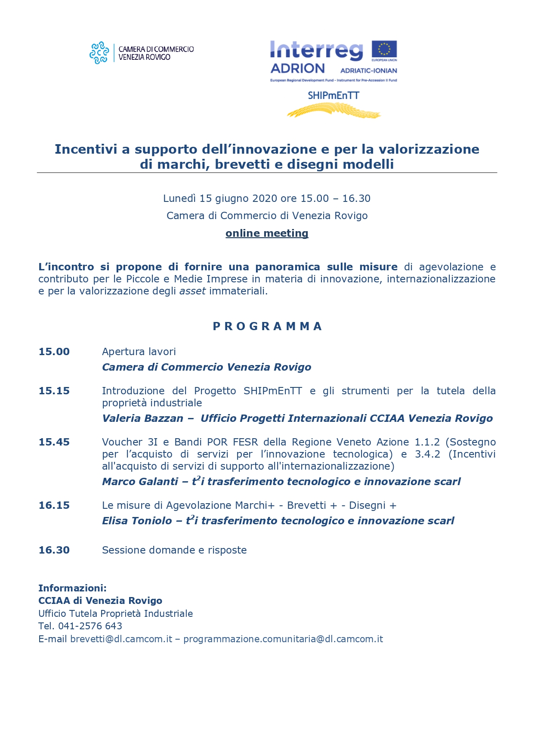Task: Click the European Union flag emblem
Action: (x=384, y=49)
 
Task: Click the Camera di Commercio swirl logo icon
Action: (x=99, y=53)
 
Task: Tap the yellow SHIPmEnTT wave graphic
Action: (x=333, y=111)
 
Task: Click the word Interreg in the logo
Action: (x=316, y=51)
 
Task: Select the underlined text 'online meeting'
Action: (x=267, y=233)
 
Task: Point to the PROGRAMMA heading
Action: (x=267, y=326)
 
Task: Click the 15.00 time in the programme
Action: (x=54, y=352)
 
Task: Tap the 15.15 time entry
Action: (x=54, y=391)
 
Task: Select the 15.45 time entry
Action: (x=54, y=442)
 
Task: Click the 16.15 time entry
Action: (x=54, y=505)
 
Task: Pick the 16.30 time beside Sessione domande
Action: (x=54, y=550)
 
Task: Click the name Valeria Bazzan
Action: (x=142, y=418)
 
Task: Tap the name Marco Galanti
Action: (x=140, y=482)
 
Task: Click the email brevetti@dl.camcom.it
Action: (x=121, y=639)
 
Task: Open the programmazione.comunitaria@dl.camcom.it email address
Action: (x=283, y=639)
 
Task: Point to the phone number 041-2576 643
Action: (x=90, y=626)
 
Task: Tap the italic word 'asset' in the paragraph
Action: (x=192, y=291)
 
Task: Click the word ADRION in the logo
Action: (x=297, y=69)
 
